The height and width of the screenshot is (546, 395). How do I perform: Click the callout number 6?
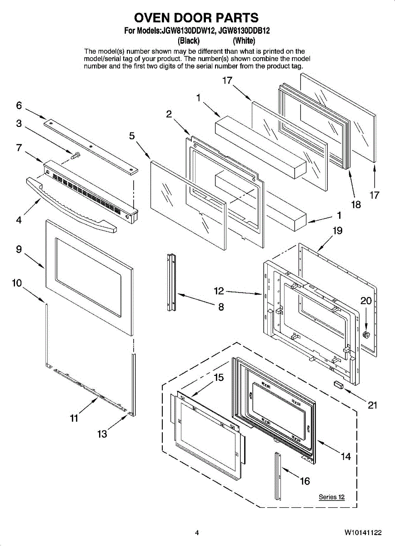(x=19, y=106)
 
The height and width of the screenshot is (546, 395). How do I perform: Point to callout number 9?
(x=19, y=249)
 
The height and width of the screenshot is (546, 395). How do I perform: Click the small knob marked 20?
(x=365, y=335)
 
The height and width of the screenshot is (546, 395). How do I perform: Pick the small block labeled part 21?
(x=339, y=384)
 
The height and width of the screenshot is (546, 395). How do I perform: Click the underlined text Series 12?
(x=331, y=497)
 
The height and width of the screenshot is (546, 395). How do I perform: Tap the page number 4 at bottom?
(x=197, y=532)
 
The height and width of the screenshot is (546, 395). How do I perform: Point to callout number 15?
(x=219, y=377)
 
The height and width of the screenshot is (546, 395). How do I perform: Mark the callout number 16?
(x=305, y=481)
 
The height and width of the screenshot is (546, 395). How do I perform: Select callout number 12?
(x=219, y=291)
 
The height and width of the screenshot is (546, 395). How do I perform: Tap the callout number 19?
(x=337, y=231)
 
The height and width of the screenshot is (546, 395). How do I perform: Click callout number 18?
(x=356, y=204)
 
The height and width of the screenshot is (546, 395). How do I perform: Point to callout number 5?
(x=132, y=136)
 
